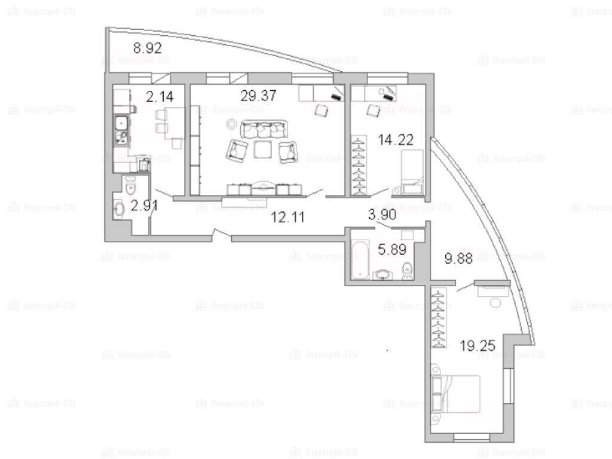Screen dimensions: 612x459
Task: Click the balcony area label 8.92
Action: pos(147,48)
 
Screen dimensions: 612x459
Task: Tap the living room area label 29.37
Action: pos(258,95)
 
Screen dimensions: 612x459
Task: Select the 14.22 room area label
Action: pos(396,140)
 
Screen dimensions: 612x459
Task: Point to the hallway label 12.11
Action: pos(287,217)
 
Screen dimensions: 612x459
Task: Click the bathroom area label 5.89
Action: pos(392,249)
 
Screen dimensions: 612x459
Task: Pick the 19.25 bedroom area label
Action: pos(478,345)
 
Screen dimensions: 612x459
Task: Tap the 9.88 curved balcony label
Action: pos(458,258)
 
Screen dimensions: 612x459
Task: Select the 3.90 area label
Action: pos(382,214)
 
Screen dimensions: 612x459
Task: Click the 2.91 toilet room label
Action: pos(144,206)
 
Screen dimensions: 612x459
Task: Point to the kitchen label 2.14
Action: pos(160,96)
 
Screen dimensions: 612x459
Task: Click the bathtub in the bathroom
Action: pos(360,259)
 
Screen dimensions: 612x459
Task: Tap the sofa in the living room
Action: pos(264,129)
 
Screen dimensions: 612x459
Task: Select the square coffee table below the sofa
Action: pos(263,149)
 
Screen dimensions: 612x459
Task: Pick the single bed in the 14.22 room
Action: pos(412,172)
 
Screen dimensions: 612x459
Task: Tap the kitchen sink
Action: pos(122,130)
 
